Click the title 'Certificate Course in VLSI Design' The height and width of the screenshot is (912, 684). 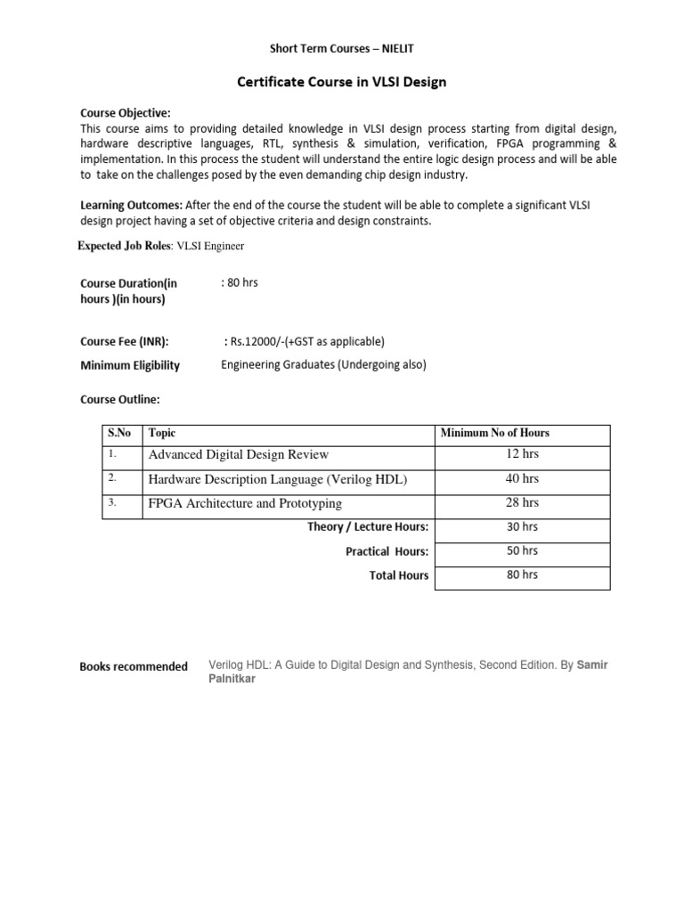point(341,83)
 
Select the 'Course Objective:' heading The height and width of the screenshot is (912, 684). point(126,113)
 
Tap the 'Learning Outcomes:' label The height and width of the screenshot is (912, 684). point(130,206)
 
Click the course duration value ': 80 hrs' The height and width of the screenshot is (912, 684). point(240,282)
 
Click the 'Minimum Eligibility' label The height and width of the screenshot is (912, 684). point(130,365)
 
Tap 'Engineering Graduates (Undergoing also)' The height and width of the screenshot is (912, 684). point(324,364)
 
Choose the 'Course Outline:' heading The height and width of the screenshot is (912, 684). point(120,400)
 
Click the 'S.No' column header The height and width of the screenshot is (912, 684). point(119,433)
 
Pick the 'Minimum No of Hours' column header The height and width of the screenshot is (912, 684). point(495,433)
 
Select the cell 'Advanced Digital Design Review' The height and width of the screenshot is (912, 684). point(239,455)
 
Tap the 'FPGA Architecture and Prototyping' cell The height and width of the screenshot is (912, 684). point(245,503)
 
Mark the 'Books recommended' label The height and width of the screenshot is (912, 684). point(134,666)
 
